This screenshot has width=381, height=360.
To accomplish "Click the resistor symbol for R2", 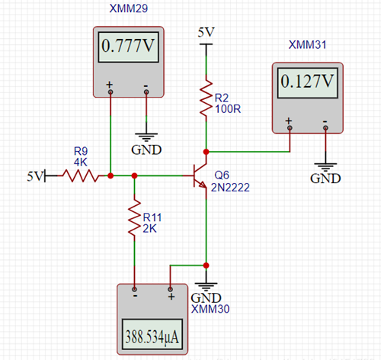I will coord(206,98).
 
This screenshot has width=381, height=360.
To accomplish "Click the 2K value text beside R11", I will coord(150,228).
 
